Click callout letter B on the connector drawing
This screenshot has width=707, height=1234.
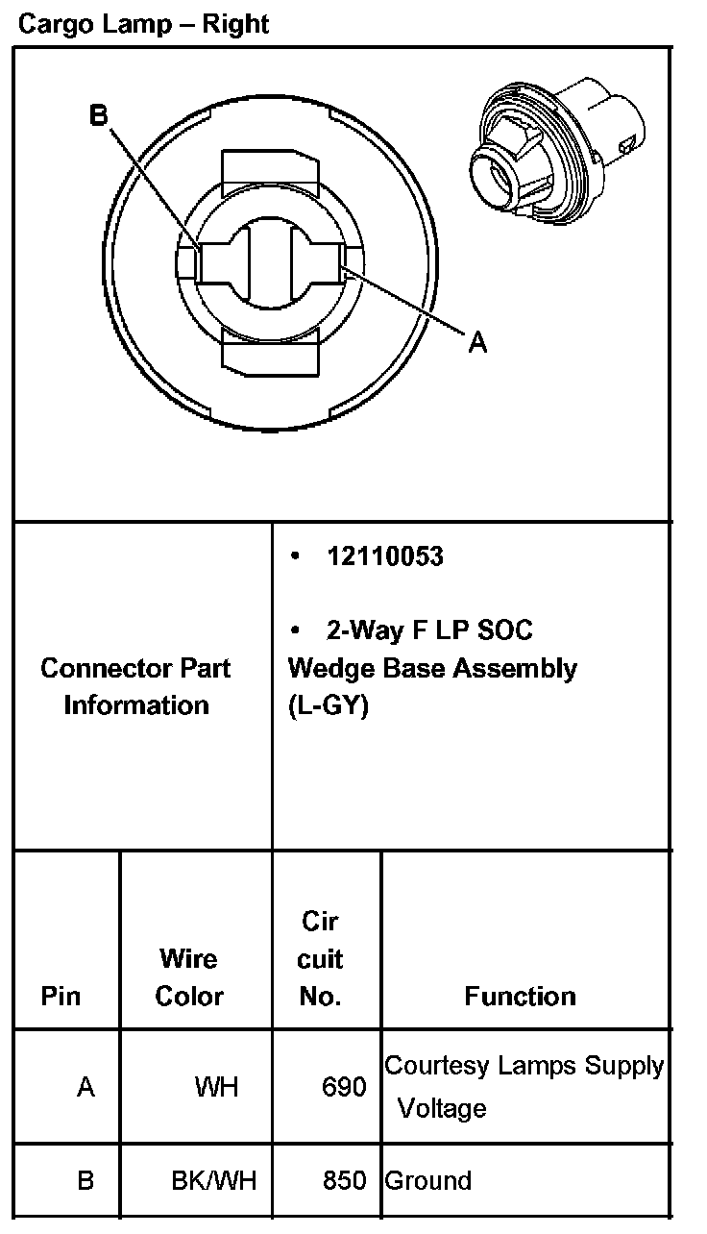(x=99, y=116)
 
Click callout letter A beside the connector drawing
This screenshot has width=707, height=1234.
(x=477, y=341)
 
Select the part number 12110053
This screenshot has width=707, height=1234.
(x=384, y=556)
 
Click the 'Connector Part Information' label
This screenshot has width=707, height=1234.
(x=135, y=686)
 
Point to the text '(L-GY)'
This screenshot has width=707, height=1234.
(x=328, y=705)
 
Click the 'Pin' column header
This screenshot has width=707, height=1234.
(x=61, y=996)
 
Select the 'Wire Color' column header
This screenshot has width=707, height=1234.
(x=188, y=976)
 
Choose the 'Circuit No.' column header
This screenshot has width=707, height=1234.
(x=320, y=959)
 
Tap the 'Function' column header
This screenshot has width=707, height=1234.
(x=520, y=996)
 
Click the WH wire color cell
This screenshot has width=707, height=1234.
(x=216, y=1088)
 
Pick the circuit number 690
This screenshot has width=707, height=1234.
(x=344, y=1088)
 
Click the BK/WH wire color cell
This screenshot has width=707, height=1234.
(x=214, y=1180)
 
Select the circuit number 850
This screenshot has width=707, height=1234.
(x=344, y=1180)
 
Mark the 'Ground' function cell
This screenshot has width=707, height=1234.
(x=428, y=1180)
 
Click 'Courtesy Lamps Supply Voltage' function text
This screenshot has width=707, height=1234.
(x=524, y=1086)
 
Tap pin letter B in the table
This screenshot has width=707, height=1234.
(x=85, y=1180)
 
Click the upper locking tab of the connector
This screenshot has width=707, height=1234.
(x=269, y=169)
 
